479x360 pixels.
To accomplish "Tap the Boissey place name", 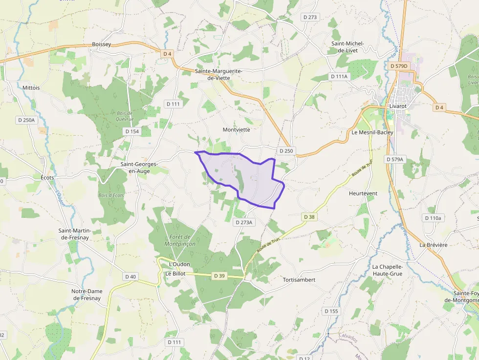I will (x=102, y=44).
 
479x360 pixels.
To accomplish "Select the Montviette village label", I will (x=237, y=130).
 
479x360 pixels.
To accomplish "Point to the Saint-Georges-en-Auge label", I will (x=139, y=168).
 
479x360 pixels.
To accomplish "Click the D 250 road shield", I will (x=286, y=151).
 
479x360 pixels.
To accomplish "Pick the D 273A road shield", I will (x=244, y=222).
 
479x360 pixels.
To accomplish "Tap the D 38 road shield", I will (x=309, y=216).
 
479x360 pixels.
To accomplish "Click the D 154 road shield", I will (x=132, y=131).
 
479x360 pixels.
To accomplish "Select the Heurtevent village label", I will (x=363, y=193).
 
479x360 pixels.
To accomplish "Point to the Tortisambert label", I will (x=299, y=280).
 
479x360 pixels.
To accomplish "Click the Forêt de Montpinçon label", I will (x=180, y=240).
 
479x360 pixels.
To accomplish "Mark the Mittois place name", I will (x=31, y=88).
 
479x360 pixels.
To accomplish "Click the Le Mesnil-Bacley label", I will (x=372, y=132).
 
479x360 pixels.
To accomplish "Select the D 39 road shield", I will (x=219, y=276).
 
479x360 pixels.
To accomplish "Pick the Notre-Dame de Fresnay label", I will (x=87, y=294).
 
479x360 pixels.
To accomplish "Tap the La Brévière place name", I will (x=433, y=245).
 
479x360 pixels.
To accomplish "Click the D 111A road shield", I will (x=339, y=77).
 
